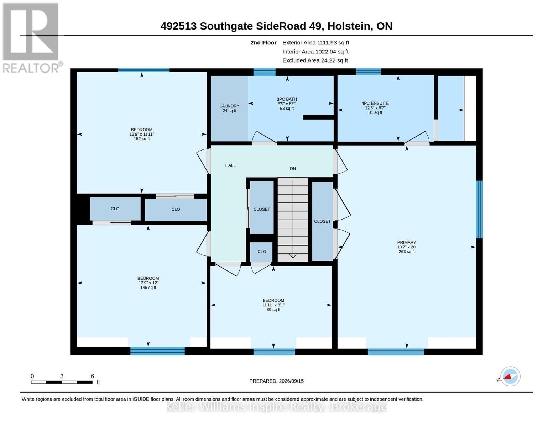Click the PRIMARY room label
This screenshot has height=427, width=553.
406,242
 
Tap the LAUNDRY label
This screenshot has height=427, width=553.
229,106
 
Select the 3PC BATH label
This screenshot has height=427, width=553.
287,99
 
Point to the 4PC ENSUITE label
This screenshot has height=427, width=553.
375,103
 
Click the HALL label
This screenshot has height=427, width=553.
230,165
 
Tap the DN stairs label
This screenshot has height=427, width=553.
293,169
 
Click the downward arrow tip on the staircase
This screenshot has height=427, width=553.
293,258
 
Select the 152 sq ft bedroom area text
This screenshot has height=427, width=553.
142,139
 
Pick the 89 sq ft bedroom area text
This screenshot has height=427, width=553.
273,310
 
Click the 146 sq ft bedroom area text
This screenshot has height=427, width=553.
148,288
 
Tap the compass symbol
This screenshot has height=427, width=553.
510,376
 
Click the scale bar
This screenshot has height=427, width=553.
62,382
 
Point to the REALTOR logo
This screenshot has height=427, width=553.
32,38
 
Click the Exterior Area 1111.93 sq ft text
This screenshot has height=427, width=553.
316,43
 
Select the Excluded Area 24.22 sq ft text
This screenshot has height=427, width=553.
315,60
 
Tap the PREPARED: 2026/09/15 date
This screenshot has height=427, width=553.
276,381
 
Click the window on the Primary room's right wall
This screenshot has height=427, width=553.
479,209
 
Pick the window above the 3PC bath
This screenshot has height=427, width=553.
265,72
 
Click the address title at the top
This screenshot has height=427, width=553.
276,26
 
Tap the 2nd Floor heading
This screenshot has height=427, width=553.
264,43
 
